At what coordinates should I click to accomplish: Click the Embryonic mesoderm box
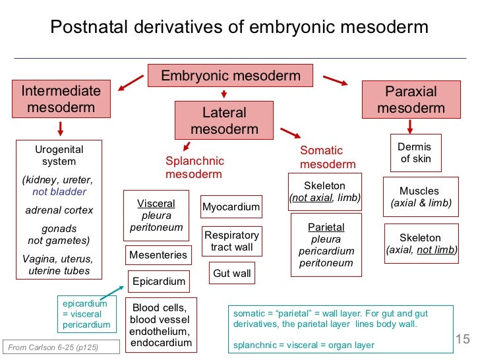tap(231, 76)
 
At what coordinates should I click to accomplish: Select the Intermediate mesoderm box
tap(61, 100)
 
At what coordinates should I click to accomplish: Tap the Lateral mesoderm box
tap(224, 121)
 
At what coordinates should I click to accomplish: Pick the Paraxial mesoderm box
tap(411, 100)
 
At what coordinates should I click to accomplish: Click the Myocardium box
tap(231, 207)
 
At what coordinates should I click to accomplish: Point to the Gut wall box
tap(232, 273)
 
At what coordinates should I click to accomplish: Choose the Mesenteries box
tap(158, 255)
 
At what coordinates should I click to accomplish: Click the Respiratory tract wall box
tap(231, 241)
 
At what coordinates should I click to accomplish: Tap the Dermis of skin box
tap(415, 153)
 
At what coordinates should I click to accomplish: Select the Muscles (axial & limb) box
tap(420, 197)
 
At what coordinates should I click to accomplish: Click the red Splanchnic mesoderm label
tap(195, 167)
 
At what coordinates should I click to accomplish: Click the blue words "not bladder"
tap(59, 192)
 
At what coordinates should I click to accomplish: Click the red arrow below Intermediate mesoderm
tap(61, 127)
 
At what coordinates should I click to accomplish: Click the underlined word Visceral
tap(156, 203)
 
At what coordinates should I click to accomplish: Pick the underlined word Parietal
tap(326, 227)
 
